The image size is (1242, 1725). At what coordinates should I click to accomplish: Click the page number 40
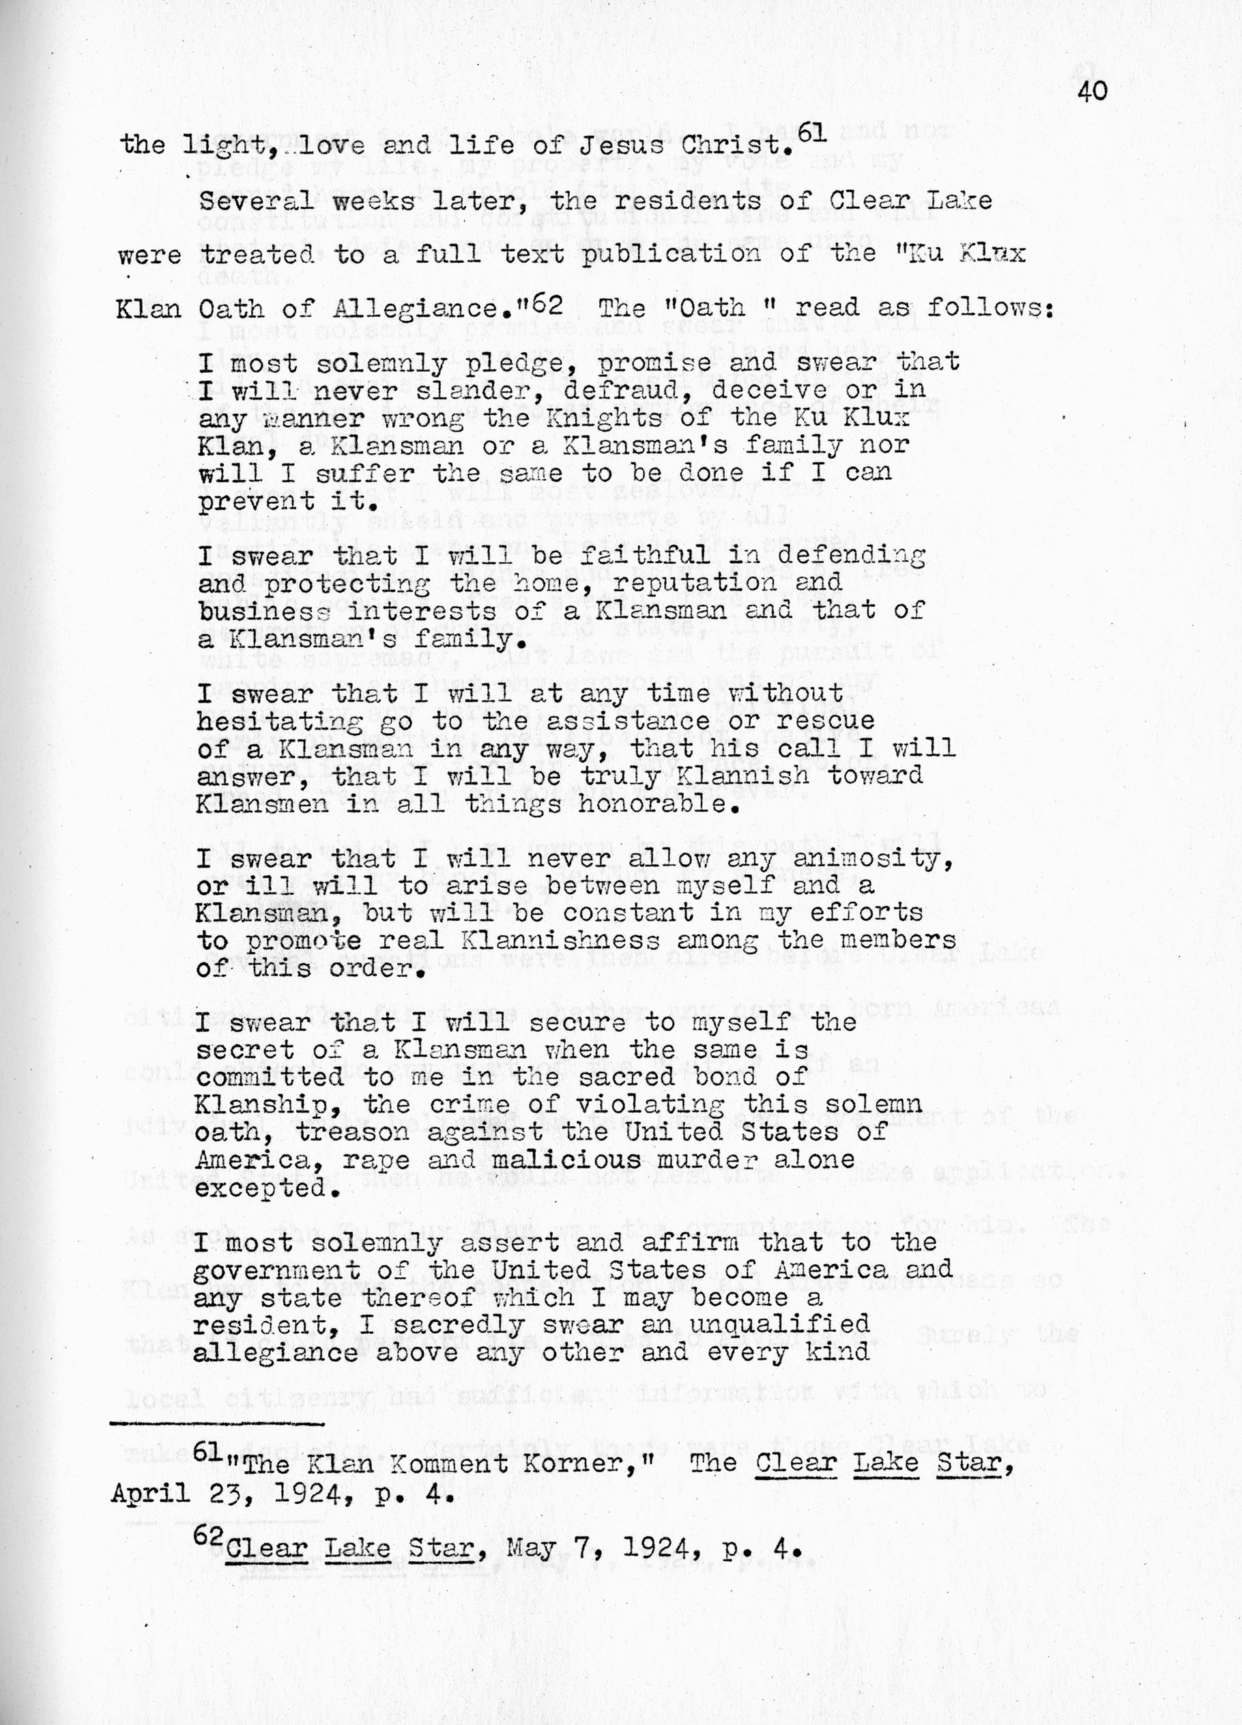tap(1091, 92)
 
